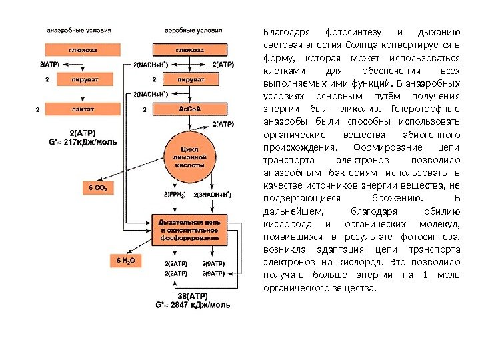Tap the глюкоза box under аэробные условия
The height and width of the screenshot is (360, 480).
[x=190, y=49]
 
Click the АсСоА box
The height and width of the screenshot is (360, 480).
[x=190, y=108]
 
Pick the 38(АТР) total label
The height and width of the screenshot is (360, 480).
[x=192, y=295]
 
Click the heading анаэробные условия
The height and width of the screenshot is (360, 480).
[x=79, y=31]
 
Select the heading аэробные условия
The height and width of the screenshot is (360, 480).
[x=193, y=31]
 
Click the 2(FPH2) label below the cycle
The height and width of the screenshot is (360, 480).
[x=174, y=194]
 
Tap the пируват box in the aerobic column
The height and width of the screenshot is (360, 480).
[x=190, y=79]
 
